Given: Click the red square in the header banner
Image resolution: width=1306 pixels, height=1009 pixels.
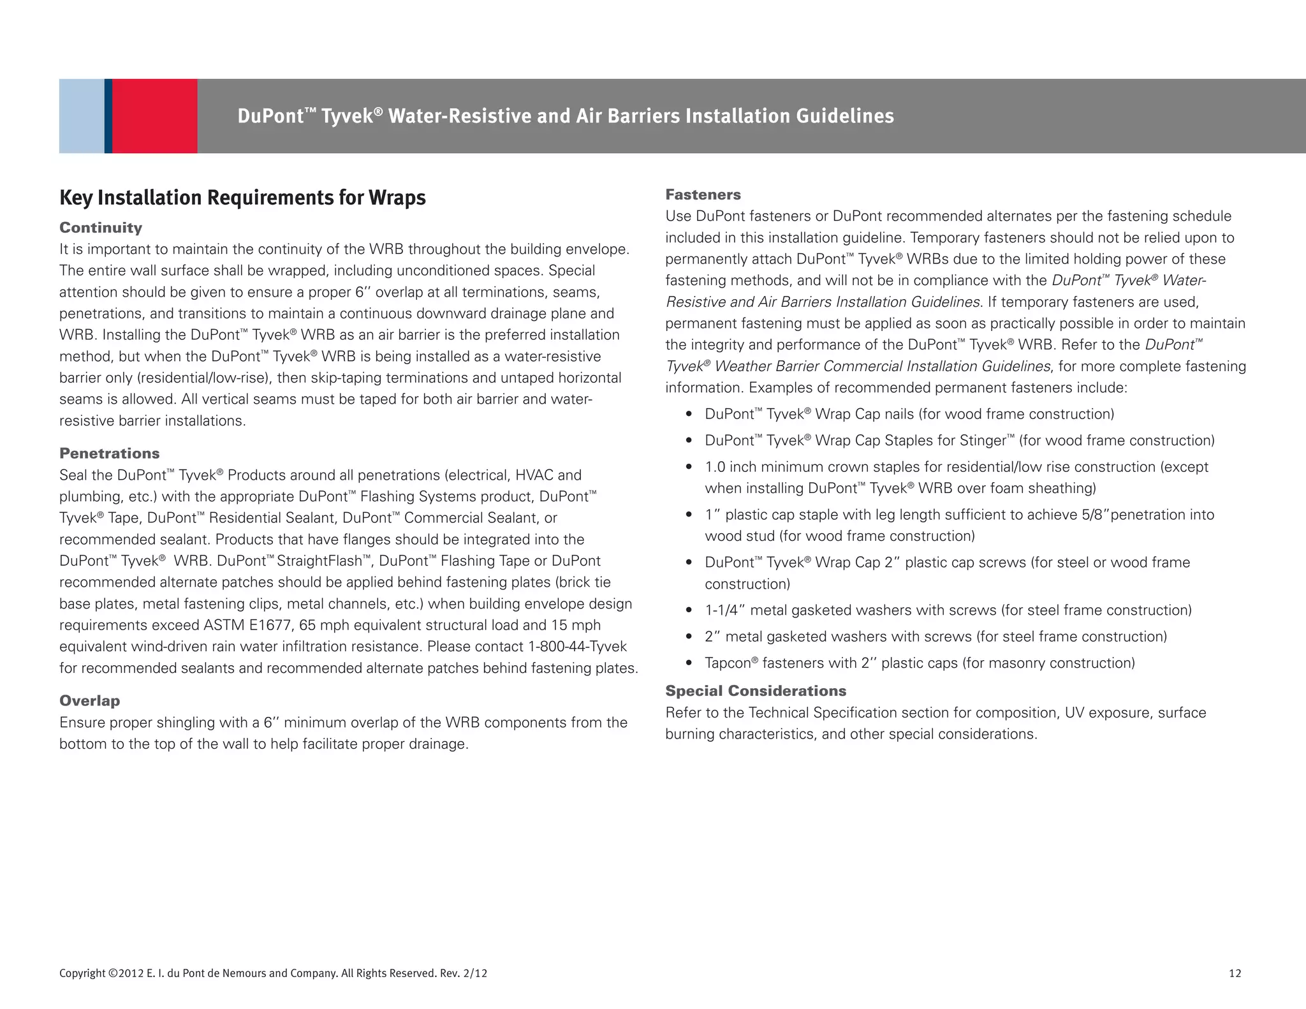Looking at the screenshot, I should coord(155,116).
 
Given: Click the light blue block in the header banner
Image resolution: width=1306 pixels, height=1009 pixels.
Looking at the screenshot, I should coord(82,116).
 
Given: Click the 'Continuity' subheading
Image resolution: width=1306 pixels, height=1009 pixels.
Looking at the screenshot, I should coord(101,228).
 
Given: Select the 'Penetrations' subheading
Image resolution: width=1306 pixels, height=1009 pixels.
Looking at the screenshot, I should coord(109,453).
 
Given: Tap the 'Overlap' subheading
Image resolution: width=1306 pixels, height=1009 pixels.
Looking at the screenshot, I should coord(89,701).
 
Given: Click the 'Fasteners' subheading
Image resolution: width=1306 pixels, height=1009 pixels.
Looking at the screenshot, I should coord(703,195).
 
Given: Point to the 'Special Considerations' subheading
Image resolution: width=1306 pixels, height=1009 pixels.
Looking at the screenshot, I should coord(756,691).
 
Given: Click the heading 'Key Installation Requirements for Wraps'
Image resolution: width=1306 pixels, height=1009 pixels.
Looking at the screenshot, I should coord(242,198).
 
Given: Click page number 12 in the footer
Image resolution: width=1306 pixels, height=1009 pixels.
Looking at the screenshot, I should coord(1235,973).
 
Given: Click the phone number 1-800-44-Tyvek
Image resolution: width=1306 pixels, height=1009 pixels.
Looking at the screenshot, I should coord(577,647).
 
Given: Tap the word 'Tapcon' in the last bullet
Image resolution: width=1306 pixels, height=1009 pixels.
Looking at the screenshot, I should coord(728,663).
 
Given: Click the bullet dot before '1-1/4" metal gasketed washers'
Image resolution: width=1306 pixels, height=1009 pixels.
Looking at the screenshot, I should coord(689,611).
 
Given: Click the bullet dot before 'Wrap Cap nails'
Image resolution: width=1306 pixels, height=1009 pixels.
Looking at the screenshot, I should coord(689,415).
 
